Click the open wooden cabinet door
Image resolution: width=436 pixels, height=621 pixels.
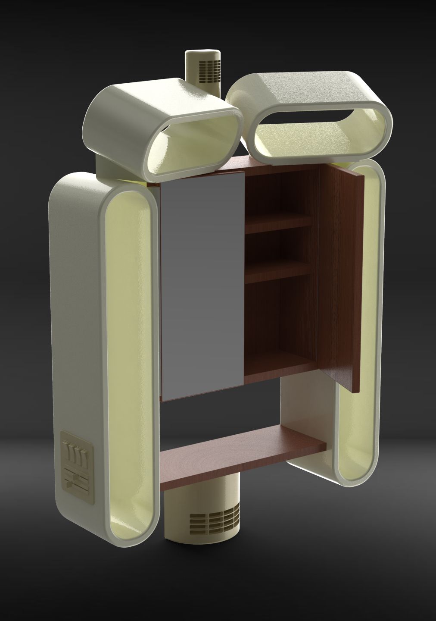(343, 276)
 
